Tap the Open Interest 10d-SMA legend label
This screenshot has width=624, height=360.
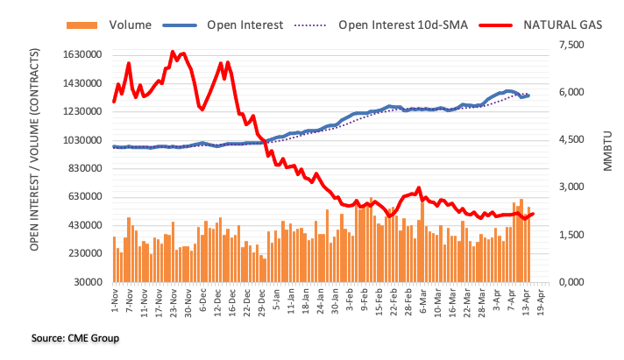point(402,25)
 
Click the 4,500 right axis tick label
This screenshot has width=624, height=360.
point(571,140)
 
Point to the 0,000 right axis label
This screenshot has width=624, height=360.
point(571,282)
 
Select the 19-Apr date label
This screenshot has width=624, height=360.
point(541,303)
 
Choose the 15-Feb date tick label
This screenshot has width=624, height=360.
point(372,303)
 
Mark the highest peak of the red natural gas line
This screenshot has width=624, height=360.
point(173,53)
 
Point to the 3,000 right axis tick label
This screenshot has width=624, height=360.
point(571,187)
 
